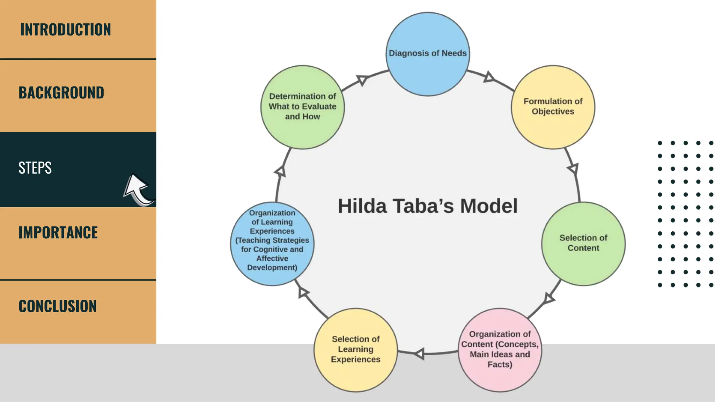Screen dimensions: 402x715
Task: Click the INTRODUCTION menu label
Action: click(x=65, y=30)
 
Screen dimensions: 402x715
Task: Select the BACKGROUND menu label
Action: click(x=61, y=93)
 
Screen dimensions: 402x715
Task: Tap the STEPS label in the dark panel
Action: click(x=35, y=168)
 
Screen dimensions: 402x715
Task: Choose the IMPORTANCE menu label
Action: click(x=58, y=233)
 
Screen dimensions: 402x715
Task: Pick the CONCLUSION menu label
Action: click(x=57, y=306)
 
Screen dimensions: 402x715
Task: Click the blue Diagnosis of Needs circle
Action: click(x=427, y=54)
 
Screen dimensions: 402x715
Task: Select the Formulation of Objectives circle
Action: click(x=553, y=107)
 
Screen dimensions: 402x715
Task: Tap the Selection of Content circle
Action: click(x=583, y=243)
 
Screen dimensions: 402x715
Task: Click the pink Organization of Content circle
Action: click(x=500, y=349)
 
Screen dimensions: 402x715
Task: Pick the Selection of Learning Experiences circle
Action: click(x=355, y=349)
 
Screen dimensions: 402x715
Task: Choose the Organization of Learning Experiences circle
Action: click(x=272, y=243)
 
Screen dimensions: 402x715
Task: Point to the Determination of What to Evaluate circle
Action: click(x=302, y=107)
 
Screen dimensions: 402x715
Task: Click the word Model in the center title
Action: click(x=488, y=206)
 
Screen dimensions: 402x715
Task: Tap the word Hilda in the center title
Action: click(x=362, y=206)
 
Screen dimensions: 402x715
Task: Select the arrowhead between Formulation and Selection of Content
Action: click(x=573, y=169)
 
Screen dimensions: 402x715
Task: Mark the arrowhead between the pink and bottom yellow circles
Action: click(x=419, y=354)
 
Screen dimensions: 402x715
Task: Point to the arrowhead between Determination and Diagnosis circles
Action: click(x=362, y=80)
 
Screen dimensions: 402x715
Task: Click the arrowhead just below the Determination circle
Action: click(x=280, y=171)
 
